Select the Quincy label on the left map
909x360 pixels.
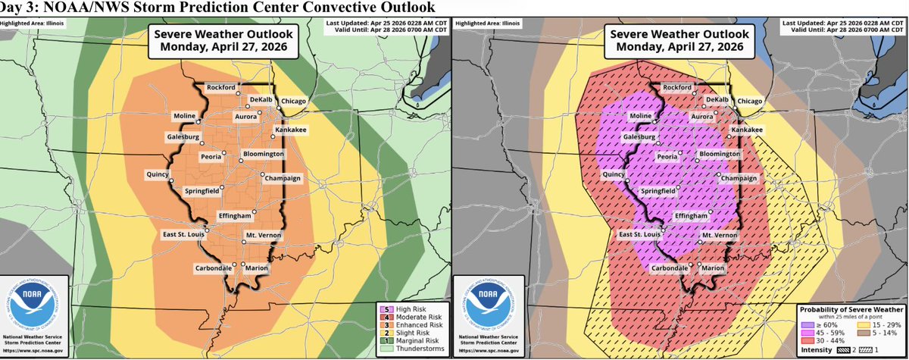(x=159, y=174)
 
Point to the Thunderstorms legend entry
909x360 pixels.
(x=418, y=349)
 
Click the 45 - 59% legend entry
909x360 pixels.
(x=832, y=330)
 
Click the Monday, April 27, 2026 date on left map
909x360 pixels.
(x=223, y=46)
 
